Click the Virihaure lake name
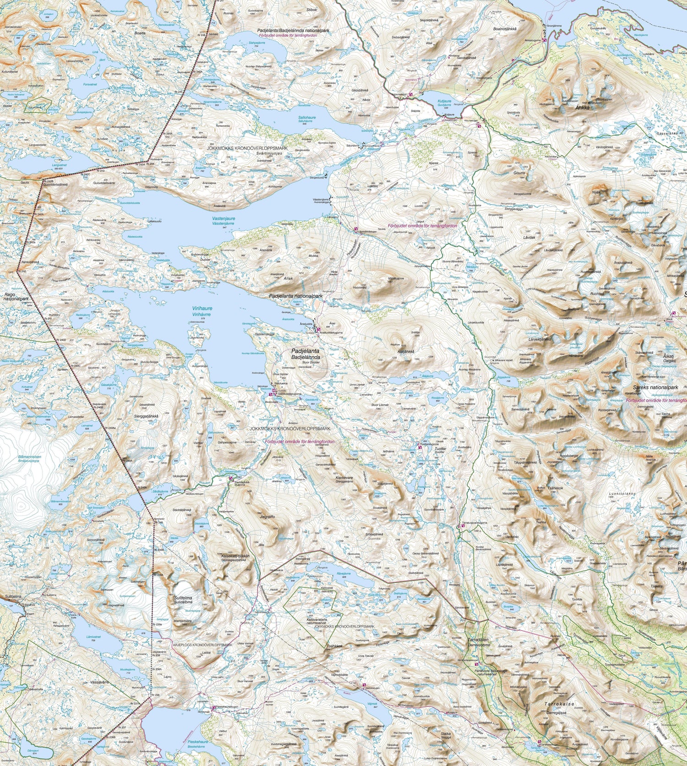tap(202, 309)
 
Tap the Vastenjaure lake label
tap(224, 219)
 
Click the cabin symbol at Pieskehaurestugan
tap(213, 708)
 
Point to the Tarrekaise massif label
tap(559, 704)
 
